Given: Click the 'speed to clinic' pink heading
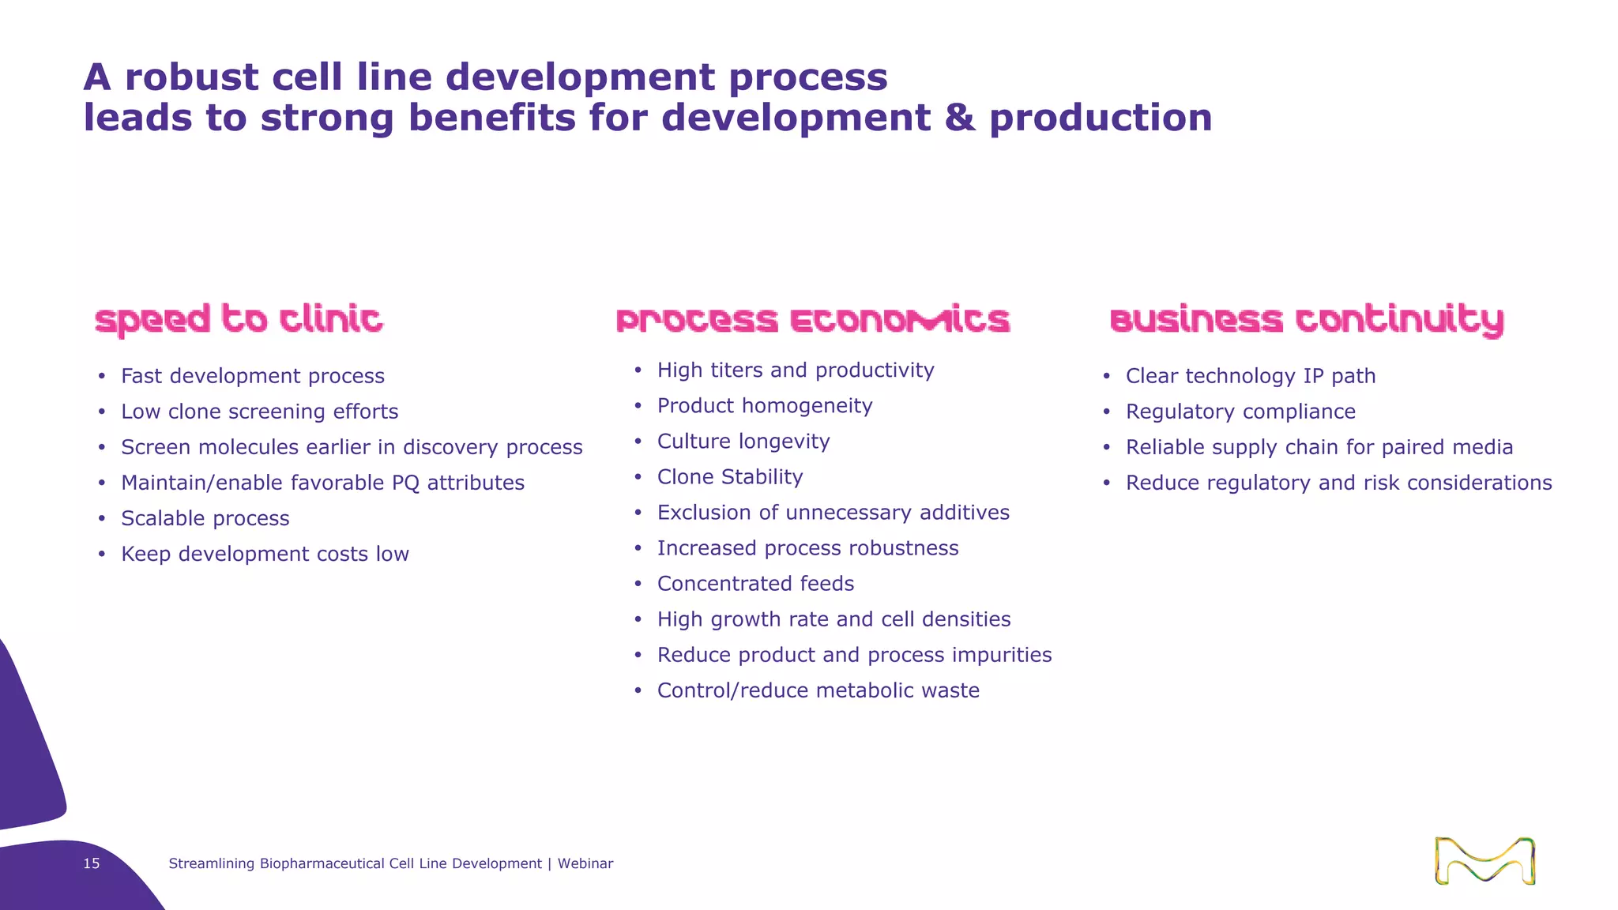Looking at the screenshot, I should coord(239,319).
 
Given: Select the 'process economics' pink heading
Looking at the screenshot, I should coord(813,319).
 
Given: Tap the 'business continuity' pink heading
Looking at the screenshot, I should coord(1307,319).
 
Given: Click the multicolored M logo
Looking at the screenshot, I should coord(1484,861).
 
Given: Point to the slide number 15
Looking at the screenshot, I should coord(92,863).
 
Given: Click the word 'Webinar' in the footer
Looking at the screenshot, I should coord(585,863).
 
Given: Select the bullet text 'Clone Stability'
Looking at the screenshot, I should coord(730,477).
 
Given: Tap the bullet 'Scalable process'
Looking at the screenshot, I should coord(205,518).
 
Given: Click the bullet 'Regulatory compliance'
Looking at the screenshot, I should coord(1240,412).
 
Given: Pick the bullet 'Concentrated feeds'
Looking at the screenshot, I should coord(755,584).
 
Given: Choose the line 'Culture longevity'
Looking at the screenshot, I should coord(743,442).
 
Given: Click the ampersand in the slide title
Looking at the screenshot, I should coord(960,118).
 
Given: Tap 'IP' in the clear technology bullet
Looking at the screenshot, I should coord(1313,376).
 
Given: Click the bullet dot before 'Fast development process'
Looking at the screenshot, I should coord(102,376).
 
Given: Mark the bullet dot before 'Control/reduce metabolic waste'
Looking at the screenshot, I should coord(638,690).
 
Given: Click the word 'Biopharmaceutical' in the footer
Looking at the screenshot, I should coord(322,863).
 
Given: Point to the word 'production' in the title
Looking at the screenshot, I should coord(1101,118).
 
